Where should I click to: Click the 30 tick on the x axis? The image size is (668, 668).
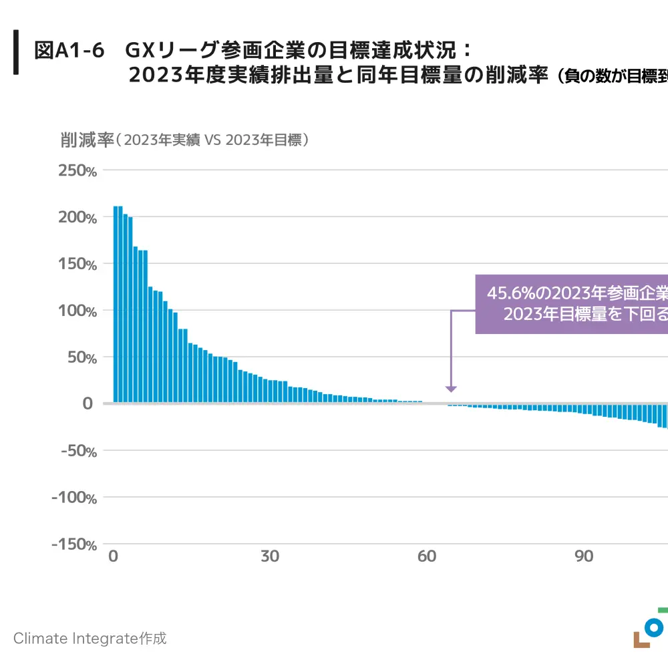[x=270, y=556]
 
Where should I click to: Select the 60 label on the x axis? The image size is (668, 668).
[x=427, y=556]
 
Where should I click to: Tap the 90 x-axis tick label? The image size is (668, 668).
[x=584, y=556]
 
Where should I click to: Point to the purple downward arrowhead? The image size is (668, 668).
[x=451, y=388]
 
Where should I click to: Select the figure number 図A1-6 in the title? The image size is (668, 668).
[x=69, y=50]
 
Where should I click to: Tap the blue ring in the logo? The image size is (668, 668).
[x=655, y=627]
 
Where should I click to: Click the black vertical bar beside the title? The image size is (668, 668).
[x=16, y=51]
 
